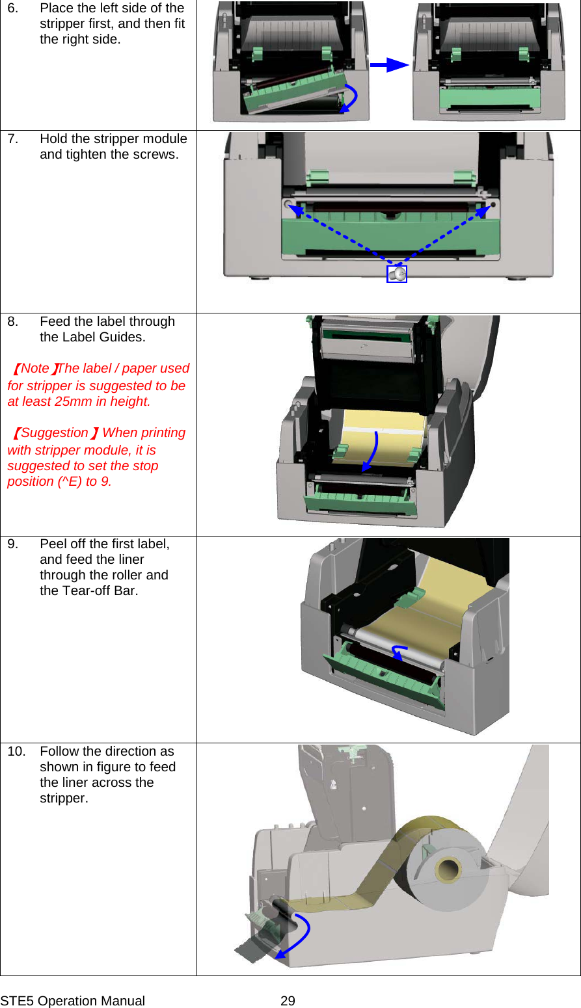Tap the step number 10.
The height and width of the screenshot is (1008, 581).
(x=16, y=752)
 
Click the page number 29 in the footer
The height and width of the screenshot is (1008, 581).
(x=288, y=1001)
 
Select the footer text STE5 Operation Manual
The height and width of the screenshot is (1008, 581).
(x=73, y=1001)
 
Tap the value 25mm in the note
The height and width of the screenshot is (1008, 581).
(x=73, y=402)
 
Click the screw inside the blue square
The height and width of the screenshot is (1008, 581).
(x=397, y=274)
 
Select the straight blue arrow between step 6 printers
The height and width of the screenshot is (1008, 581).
(x=389, y=65)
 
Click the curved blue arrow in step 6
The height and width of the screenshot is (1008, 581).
(x=351, y=99)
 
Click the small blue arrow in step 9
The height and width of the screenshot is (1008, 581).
(x=398, y=652)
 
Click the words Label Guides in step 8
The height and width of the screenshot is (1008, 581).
(x=105, y=338)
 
